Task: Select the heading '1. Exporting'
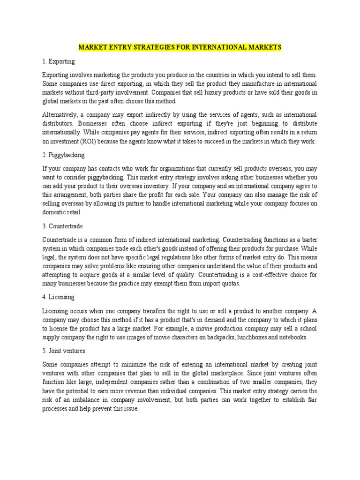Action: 59,61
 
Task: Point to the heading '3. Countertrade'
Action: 63,226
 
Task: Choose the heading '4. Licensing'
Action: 59,297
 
